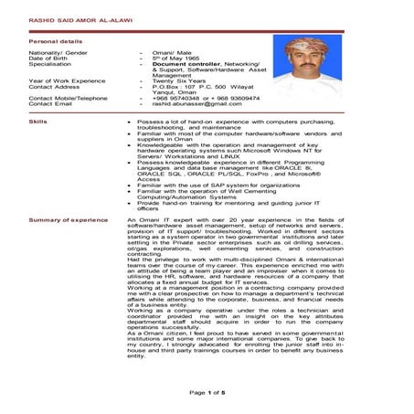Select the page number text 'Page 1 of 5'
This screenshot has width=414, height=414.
[207, 391]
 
